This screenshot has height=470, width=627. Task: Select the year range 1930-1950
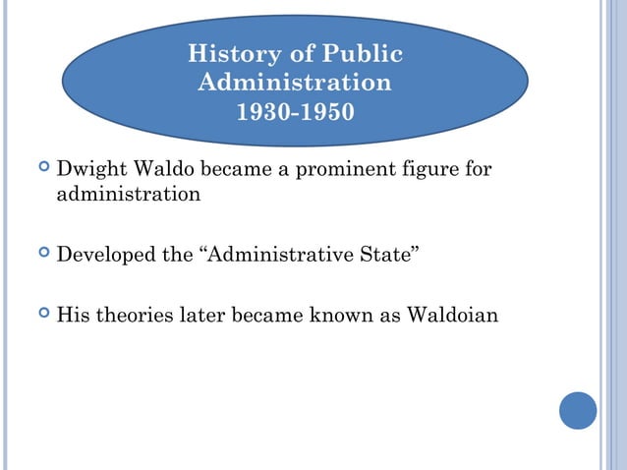click(x=295, y=112)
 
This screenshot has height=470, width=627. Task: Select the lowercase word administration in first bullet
click(x=129, y=194)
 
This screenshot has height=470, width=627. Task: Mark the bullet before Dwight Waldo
click(x=40, y=170)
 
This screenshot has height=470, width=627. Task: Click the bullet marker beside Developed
click(x=40, y=257)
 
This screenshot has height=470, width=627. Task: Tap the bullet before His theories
click(x=40, y=317)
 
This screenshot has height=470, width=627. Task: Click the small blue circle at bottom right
click(x=578, y=410)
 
